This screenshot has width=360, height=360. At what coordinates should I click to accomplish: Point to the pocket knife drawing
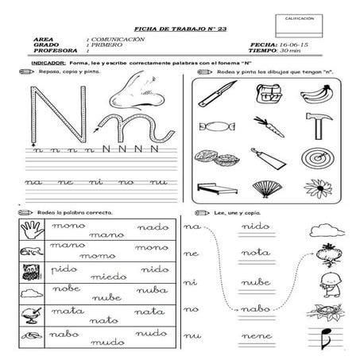pos(211,96)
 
